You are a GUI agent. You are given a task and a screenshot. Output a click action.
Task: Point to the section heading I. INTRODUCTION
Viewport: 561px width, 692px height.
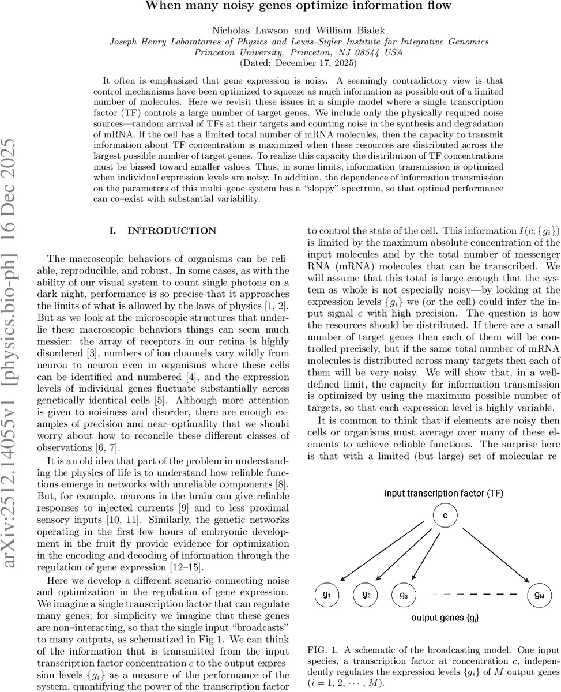(163, 231)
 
